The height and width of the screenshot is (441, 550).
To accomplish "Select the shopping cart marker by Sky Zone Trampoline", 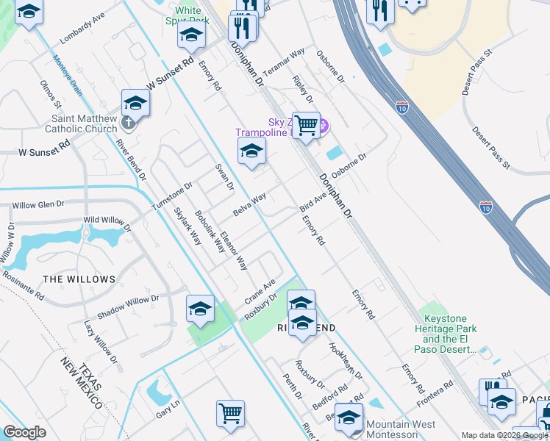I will [306, 125].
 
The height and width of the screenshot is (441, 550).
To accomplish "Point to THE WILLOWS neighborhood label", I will [79, 279].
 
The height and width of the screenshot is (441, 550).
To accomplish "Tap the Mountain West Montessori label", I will [401, 429].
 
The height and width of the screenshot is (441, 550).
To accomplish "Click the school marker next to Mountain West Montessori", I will [349, 417].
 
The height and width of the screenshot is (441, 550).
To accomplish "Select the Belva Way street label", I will [249, 204].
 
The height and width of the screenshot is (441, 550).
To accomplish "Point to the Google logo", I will [25, 432].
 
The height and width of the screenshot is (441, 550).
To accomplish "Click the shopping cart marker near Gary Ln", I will [230, 413].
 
